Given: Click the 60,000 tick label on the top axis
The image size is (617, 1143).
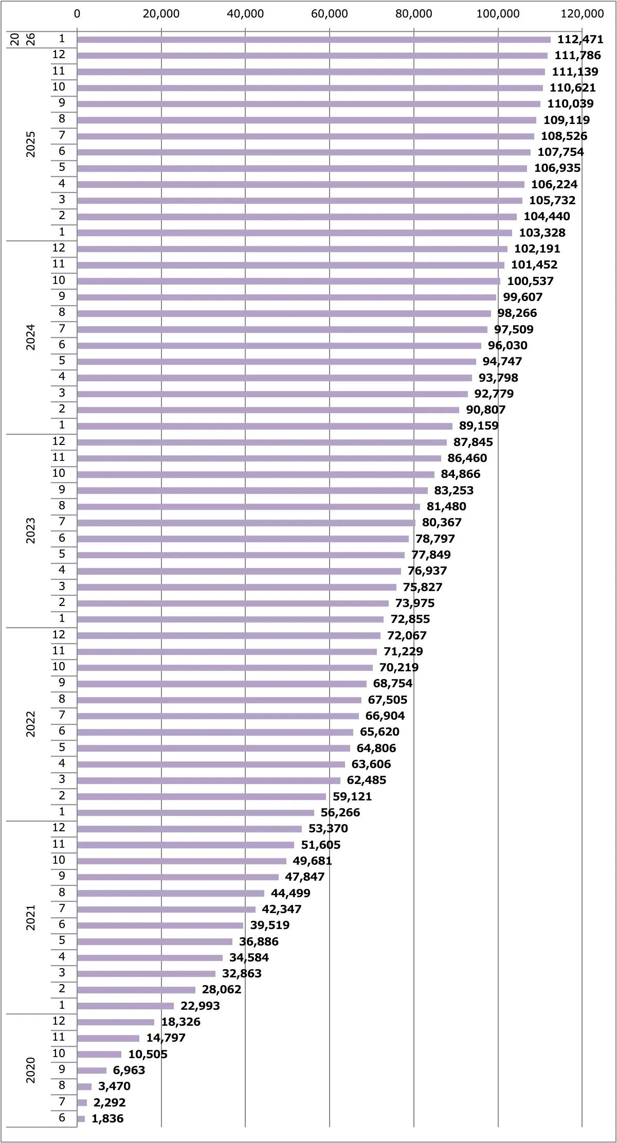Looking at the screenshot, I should [329, 14].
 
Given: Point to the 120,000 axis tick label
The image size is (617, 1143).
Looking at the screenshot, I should [582, 14].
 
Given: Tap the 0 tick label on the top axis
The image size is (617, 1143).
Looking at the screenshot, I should [77, 14].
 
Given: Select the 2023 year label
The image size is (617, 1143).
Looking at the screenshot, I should [31, 530].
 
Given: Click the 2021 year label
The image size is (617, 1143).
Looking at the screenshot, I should [31, 918].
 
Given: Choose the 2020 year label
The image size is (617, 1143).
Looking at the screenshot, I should [31, 1070].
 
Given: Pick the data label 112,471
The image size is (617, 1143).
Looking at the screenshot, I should [580, 40].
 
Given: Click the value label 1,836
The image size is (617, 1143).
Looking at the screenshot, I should [107, 1118].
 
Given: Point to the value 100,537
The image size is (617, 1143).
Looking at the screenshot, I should [530, 281].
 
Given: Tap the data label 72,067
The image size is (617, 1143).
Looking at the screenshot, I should [407, 636].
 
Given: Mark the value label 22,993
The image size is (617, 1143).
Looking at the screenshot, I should [200, 1006].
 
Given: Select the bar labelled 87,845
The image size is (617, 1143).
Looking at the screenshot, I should [262, 442].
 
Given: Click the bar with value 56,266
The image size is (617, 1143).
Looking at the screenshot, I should [195, 813].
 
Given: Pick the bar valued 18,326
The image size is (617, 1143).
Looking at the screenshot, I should [116, 1022].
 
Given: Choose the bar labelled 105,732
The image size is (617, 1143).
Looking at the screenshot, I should [299, 201].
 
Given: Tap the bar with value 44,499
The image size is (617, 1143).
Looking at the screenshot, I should [171, 894].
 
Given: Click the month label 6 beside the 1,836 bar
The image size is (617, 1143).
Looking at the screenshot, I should [62, 1117].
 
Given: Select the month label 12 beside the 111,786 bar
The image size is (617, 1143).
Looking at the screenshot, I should [59, 55].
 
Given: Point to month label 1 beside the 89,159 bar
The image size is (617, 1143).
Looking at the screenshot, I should [62, 425].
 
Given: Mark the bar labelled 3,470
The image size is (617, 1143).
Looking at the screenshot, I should [84, 1086].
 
